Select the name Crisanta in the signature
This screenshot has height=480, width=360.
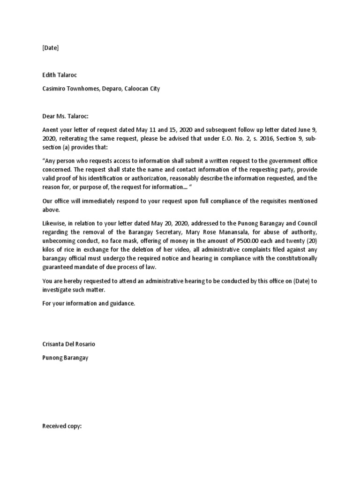(54, 344)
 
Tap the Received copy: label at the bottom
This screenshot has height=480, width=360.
(62, 426)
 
